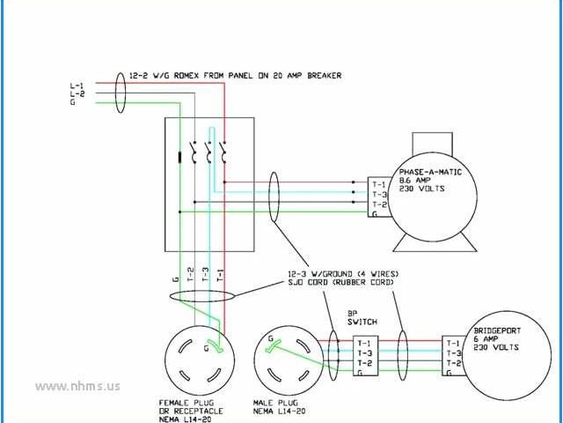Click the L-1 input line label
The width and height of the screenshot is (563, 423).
click(77, 85)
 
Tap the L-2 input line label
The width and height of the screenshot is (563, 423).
click(77, 93)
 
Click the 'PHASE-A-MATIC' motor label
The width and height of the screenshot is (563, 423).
click(431, 172)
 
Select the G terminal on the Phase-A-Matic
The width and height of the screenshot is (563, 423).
click(376, 212)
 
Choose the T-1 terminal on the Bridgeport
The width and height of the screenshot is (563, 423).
click(453, 343)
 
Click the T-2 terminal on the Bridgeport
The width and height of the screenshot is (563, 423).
click(453, 363)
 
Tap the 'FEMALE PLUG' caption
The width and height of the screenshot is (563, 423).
click(193, 402)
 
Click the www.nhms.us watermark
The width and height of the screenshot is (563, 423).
click(78, 385)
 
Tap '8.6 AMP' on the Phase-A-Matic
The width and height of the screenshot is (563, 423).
click(415, 181)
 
